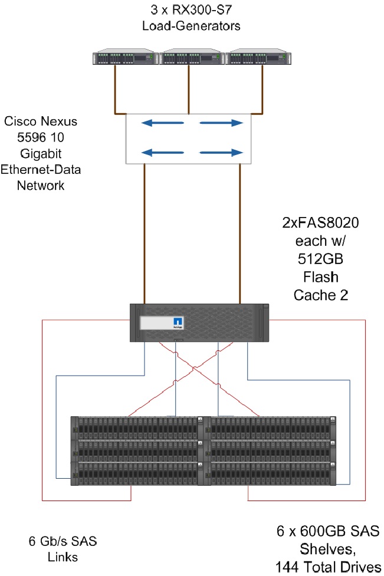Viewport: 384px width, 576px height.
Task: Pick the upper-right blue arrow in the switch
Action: tap(221, 123)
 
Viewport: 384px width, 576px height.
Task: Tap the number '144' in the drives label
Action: tap(289, 567)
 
